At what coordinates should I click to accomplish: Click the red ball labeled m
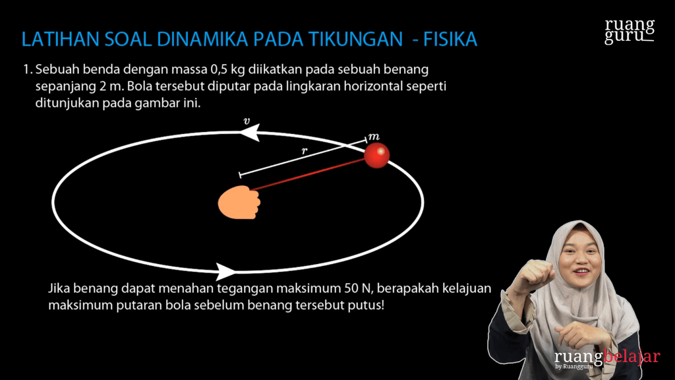point(377,156)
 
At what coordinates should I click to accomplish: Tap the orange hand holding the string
point(239,203)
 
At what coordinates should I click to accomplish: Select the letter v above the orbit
point(247,121)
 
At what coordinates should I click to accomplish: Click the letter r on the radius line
point(304,150)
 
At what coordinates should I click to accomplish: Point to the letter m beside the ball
point(374,136)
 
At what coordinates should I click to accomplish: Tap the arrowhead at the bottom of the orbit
point(226,271)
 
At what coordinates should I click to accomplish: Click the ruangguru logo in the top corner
point(630,31)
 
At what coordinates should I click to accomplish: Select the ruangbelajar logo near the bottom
point(606,358)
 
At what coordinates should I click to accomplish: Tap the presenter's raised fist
point(536,272)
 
